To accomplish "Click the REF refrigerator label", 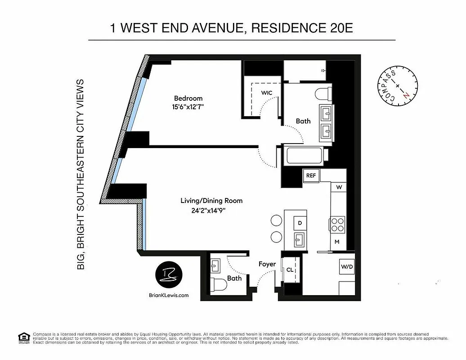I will (x=311, y=175).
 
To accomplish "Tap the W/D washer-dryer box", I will (x=347, y=266).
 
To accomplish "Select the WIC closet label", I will (x=267, y=93).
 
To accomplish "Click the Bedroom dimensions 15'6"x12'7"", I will (x=188, y=108).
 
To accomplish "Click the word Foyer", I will (x=267, y=264).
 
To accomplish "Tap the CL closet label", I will (x=290, y=270).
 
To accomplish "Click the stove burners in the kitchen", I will (x=337, y=224).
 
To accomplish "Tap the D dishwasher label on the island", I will (x=300, y=223).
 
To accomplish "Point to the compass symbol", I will (x=397, y=85).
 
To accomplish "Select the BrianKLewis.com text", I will (x=168, y=296).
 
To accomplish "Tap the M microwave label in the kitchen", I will (x=337, y=242).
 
